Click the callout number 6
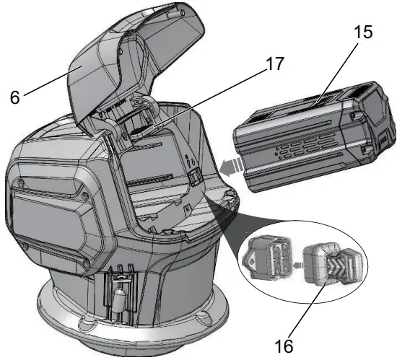[15, 97]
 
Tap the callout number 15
[363, 32]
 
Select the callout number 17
[275, 63]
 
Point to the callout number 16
[284, 346]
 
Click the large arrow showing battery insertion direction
[232, 166]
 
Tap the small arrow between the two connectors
[298, 265]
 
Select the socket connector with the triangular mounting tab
[267, 258]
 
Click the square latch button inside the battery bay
[194, 178]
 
